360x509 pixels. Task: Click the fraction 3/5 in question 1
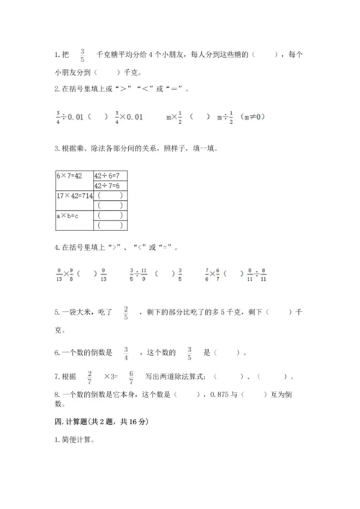tap(83, 55)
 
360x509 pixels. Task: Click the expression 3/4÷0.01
tap(73, 117)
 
